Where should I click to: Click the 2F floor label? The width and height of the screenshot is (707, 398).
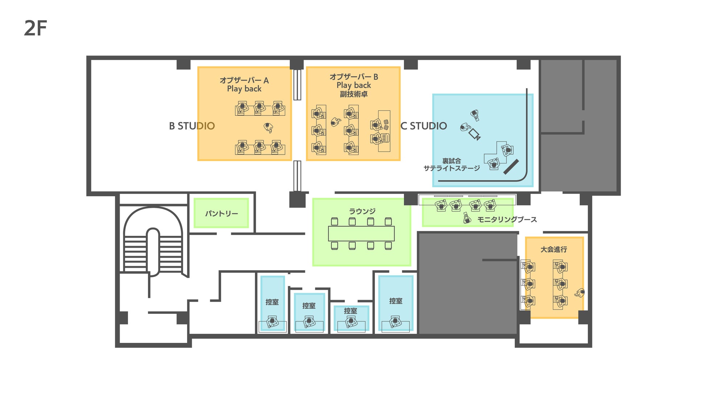(35, 28)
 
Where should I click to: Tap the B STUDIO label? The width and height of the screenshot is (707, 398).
(192, 126)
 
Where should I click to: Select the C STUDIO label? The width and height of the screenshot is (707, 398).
(423, 126)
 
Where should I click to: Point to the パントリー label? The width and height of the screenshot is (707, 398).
(222, 213)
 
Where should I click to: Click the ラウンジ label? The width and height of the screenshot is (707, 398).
(362, 211)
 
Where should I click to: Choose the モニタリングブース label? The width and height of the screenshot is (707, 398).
(507, 219)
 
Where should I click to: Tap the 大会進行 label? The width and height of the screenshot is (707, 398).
(554, 249)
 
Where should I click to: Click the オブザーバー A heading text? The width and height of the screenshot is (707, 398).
(244, 80)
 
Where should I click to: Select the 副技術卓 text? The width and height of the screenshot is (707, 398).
(353, 94)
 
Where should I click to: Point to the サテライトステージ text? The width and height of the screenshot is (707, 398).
(452, 168)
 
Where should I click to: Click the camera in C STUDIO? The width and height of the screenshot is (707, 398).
(475, 134)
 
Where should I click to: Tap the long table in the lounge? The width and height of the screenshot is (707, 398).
(361, 233)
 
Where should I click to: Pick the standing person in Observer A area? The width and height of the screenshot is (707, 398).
(268, 127)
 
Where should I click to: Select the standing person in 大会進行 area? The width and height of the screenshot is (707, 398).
(580, 292)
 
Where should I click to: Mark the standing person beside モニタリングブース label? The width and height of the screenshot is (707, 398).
(467, 218)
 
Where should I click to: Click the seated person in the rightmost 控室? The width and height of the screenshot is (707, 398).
(395, 321)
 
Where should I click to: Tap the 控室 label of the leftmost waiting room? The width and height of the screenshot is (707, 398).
(272, 302)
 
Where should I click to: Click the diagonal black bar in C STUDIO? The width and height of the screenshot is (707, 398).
(511, 167)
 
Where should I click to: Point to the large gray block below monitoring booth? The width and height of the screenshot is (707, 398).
(468, 283)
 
